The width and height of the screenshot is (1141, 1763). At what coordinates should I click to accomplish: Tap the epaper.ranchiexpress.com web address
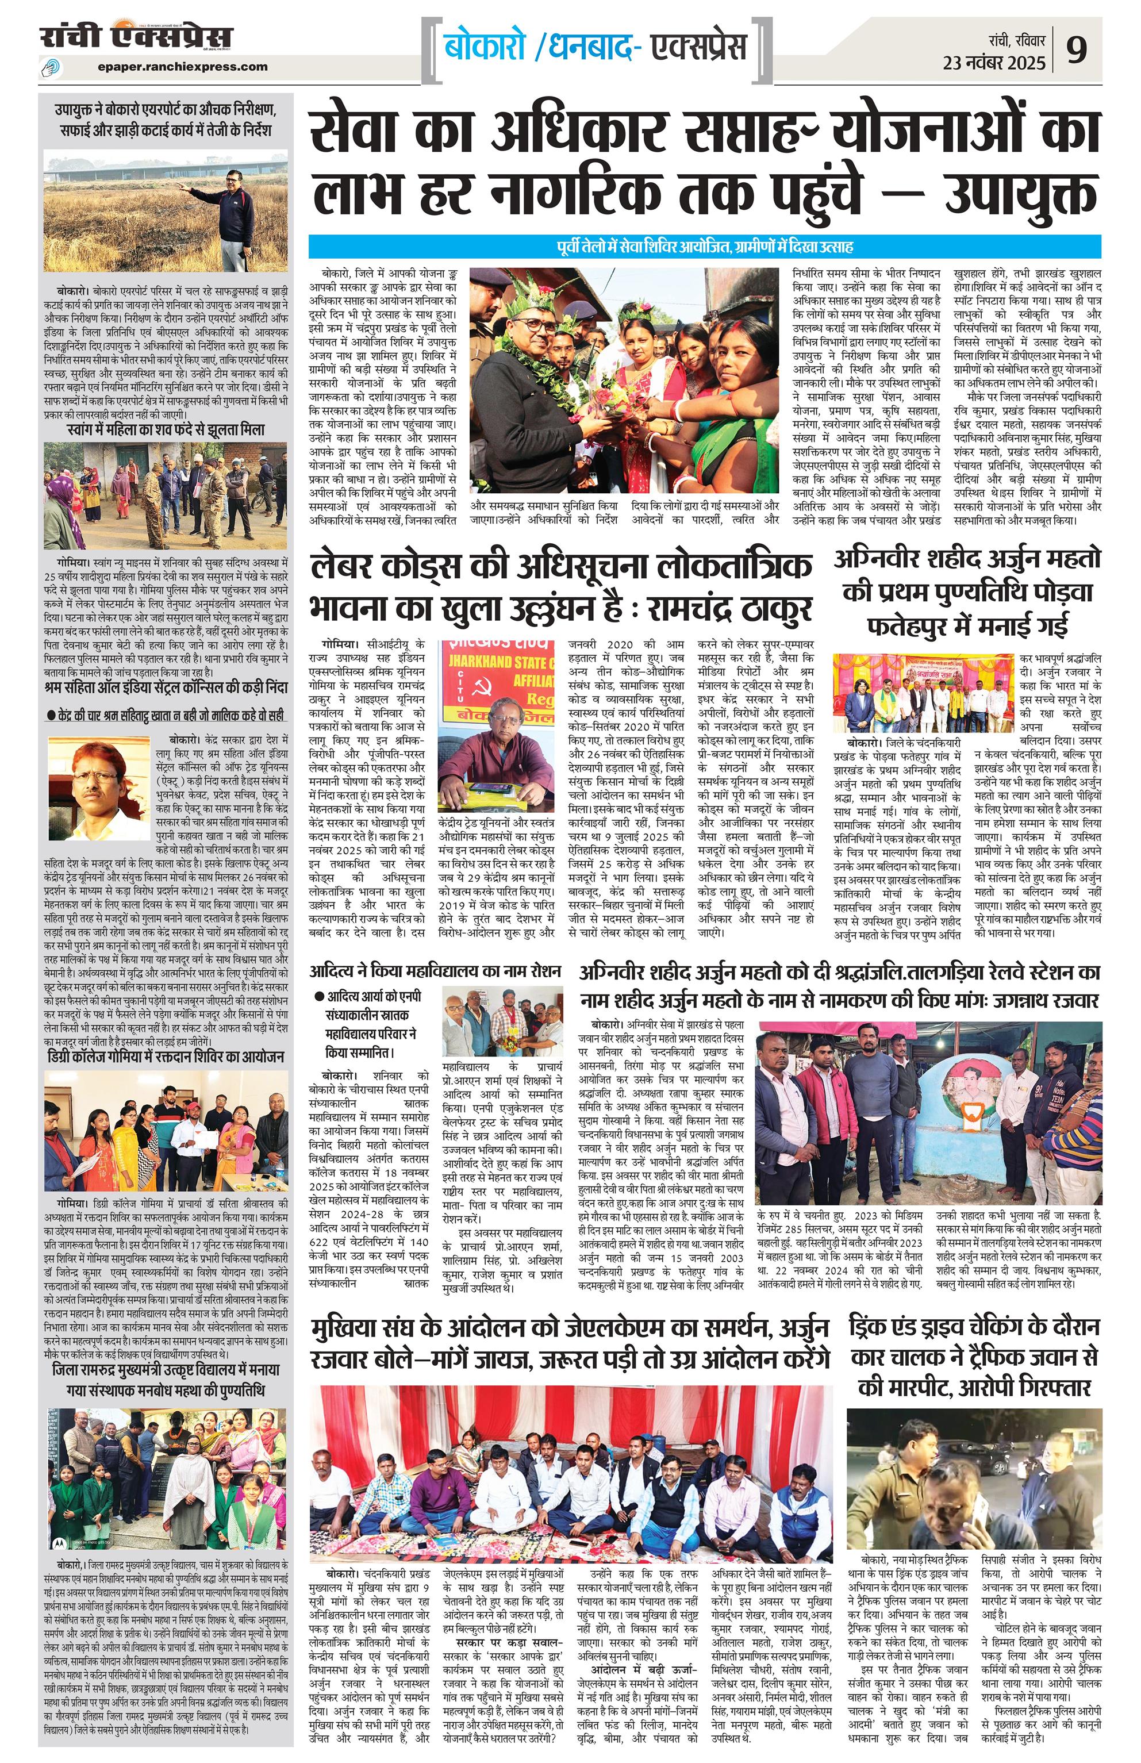(x=182, y=67)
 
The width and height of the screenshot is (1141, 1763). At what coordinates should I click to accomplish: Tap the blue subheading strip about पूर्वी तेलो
(x=704, y=247)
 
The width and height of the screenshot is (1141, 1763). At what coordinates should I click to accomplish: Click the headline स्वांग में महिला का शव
(x=164, y=429)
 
